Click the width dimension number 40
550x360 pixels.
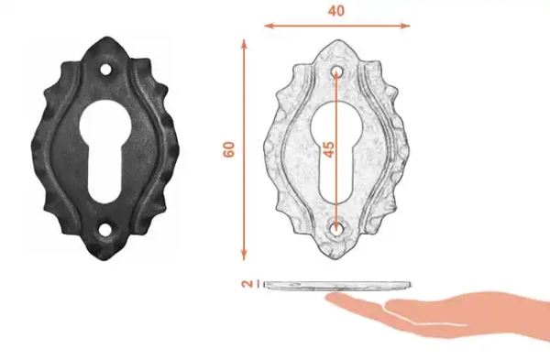pyautogui.click(x=336, y=11)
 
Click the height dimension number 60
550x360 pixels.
pyautogui.click(x=228, y=149)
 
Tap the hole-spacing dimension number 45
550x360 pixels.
pyautogui.click(x=328, y=149)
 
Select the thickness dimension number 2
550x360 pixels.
pyautogui.click(x=247, y=284)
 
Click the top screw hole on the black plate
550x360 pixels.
pyautogui.click(x=105, y=70)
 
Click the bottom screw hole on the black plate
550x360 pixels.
pyautogui.click(x=104, y=230)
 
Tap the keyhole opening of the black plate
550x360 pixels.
pyautogui.click(x=105, y=152)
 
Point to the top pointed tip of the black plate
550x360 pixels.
pyautogui.click(x=106, y=37)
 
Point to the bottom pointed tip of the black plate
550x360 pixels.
pyautogui.click(x=104, y=260)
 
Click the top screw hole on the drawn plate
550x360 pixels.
pyautogui.click(x=336, y=71)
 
